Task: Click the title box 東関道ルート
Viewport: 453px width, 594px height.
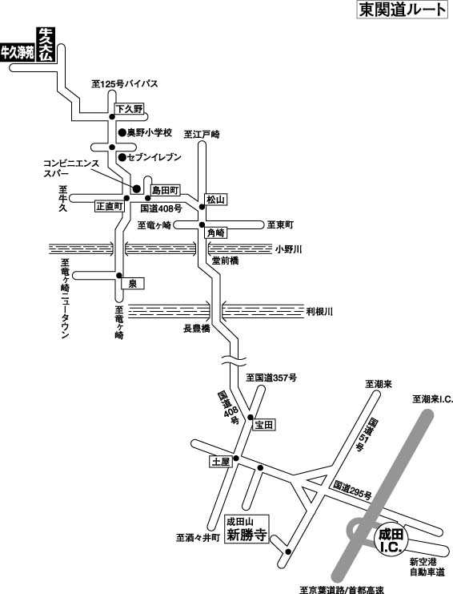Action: click(401, 10)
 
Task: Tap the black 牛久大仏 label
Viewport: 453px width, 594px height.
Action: click(46, 45)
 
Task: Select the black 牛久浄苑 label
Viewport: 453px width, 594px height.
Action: click(18, 53)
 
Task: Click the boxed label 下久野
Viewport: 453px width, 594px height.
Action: click(130, 109)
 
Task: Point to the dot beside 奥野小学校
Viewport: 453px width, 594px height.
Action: click(122, 132)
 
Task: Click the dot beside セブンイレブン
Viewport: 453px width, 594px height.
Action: click(122, 157)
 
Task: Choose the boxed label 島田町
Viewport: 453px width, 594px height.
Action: click(165, 190)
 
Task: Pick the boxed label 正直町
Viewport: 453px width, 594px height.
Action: click(109, 206)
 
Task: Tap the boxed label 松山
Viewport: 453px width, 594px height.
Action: click(216, 200)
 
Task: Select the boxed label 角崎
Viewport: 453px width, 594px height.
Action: click(216, 232)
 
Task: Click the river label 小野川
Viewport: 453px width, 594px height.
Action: click(288, 249)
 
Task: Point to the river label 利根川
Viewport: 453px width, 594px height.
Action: click(319, 312)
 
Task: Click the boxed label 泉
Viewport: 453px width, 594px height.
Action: click(132, 283)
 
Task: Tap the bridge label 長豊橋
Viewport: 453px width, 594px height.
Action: click(197, 329)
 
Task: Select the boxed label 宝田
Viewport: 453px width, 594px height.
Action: click(263, 425)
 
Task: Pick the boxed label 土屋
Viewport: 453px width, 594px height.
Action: click(220, 461)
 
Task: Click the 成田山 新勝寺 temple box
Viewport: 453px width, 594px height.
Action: click(247, 529)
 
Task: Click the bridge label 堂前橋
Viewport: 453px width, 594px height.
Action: click(226, 261)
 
